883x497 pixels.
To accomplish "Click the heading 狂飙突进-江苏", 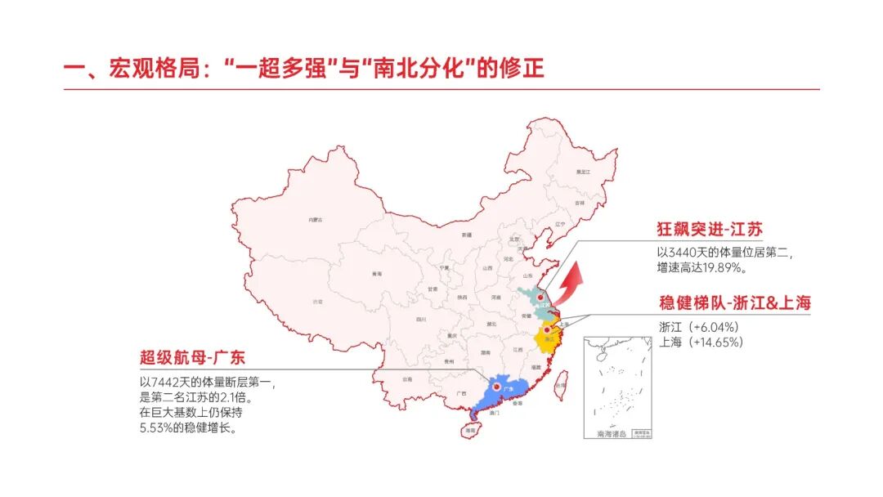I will coord(710,229).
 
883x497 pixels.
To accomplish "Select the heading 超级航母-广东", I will coord(192,357).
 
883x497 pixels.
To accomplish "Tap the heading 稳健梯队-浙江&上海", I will coord(734,303).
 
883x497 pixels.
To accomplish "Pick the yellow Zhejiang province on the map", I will coord(546,337).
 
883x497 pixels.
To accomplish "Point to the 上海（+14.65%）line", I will coord(701,343).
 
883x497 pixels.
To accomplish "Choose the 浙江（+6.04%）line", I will coord(698,327).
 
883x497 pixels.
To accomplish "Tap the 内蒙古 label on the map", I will coord(315,220).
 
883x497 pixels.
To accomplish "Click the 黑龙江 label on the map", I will coord(583,172).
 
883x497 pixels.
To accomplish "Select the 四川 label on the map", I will coord(421,319).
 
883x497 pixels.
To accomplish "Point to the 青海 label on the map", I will coord(376,274).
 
